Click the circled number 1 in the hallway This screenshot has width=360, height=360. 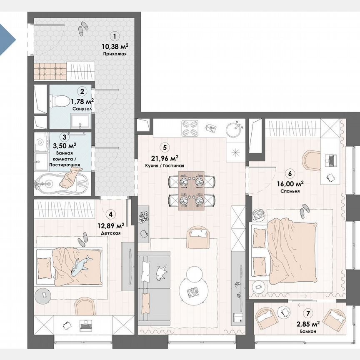pyautogui.click(x=115, y=36)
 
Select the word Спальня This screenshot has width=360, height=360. pyautogui.click(x=290, y=191)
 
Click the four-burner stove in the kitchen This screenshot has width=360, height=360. pyautogui.click(x=190, y=128)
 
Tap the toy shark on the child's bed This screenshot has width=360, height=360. pyautogui.click(x=81, y=266)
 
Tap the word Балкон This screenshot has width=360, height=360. pyautogui.click(x=307, y=331)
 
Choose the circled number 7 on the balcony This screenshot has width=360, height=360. pyautogui.click(x=308, y=314)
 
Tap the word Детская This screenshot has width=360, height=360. pyautogui.click(x=111, y=233)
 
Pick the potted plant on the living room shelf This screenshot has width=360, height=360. pyautogui.click(x=145, y=216)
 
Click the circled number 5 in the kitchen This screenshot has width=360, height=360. pyautogui.click(x=165, y=147)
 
